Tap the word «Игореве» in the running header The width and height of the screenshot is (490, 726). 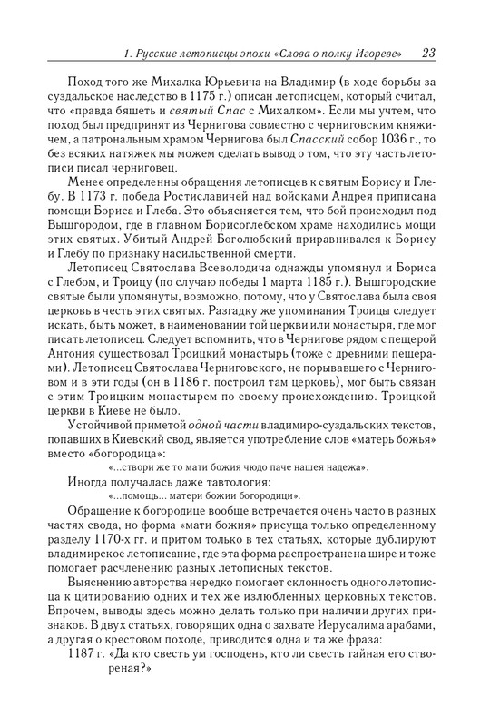pos(380,53)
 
